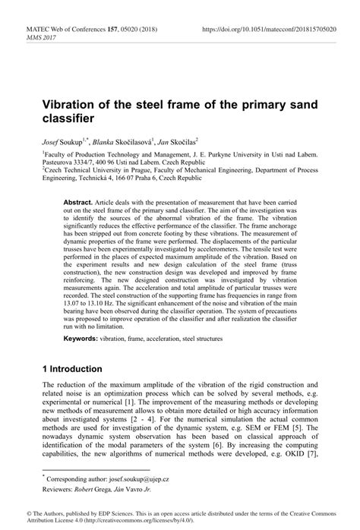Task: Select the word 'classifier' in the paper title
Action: point(68,119)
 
